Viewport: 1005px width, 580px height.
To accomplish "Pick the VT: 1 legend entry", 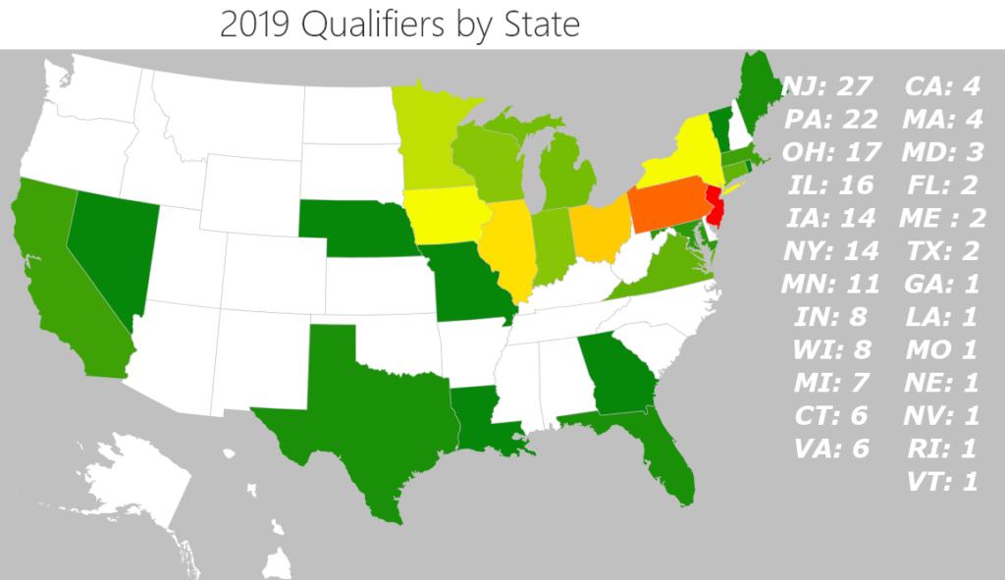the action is coord(941,482).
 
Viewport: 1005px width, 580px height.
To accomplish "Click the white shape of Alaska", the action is coord(137,481).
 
